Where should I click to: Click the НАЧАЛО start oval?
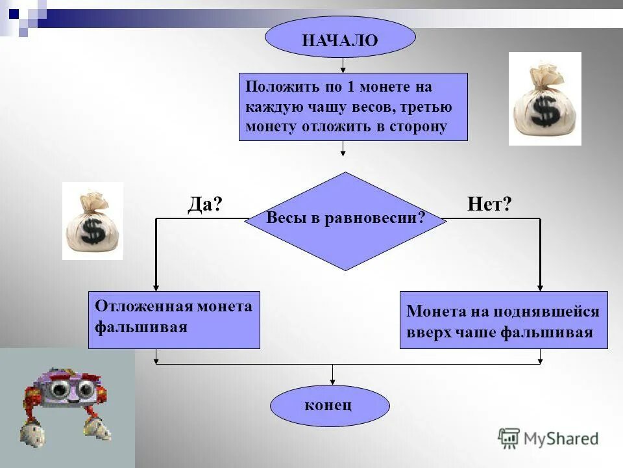(x=339, y=39)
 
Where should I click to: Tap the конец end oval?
(x=329, y=406)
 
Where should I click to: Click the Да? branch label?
(x=205, y=205)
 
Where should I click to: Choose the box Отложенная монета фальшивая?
(x=174, y=320)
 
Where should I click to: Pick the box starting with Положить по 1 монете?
(x=353, y=107)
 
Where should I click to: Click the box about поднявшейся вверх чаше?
(x=504, y=320)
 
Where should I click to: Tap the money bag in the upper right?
(x=544, y=99)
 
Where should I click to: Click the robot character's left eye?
(x=59, y=389)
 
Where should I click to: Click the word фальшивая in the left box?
(x=141, y=327)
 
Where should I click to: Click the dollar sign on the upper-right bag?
(x=546, y=111)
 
